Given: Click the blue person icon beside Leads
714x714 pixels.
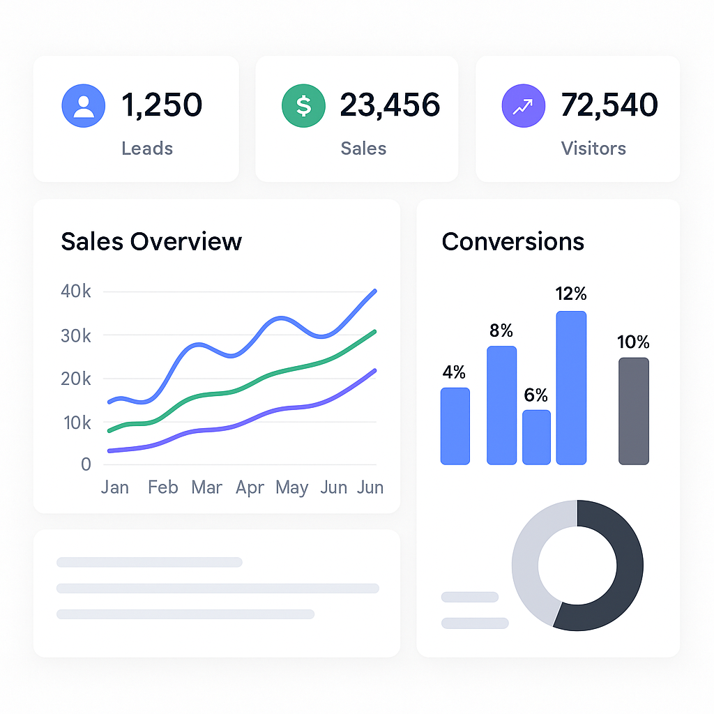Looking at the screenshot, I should click(x=84, y=106).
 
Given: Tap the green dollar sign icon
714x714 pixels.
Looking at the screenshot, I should click(x=303, y=106).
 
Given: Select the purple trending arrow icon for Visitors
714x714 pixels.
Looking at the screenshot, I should click(x=524, y=106).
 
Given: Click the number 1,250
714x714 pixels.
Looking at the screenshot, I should click(x=162, y=105).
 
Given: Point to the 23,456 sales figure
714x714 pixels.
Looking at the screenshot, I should click(x=390, y=105).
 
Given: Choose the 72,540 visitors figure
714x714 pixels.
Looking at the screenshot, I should click(x=609, y=105).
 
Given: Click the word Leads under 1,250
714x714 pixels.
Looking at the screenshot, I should click(x=147, y=149).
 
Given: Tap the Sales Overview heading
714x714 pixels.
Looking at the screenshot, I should click(x=151, y=241).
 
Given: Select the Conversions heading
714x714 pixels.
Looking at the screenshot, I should click(x=513, y=241).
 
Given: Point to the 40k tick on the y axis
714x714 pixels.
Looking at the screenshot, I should click(x=76, y=291).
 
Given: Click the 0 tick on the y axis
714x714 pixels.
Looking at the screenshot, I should click(x=86, y=464).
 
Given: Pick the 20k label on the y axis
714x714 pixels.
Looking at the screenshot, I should click(x=76, y=379).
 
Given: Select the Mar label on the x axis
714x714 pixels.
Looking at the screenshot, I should click(x=206, y=487).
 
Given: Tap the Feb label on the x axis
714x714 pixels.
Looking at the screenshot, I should click(x=163, y=487).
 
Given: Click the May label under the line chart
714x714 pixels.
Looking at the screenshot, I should click(x=291, y=487).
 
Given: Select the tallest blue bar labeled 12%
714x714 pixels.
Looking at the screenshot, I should click(x=571, y=387).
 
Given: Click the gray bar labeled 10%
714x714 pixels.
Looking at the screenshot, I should click(x=633, y=411).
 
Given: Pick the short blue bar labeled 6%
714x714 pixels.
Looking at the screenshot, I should click(x=536, y=437).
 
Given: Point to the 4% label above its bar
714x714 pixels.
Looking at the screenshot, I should click(x=454, y=372).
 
